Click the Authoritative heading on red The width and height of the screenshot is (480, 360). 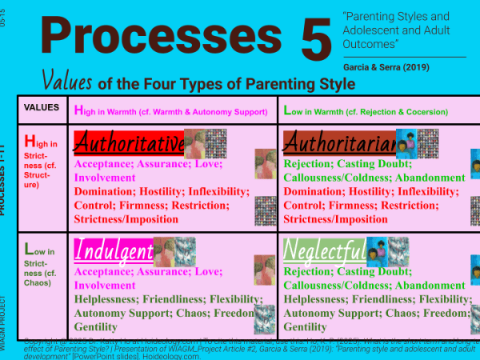point(128,144)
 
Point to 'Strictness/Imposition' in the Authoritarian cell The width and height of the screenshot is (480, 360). point(337,219)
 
